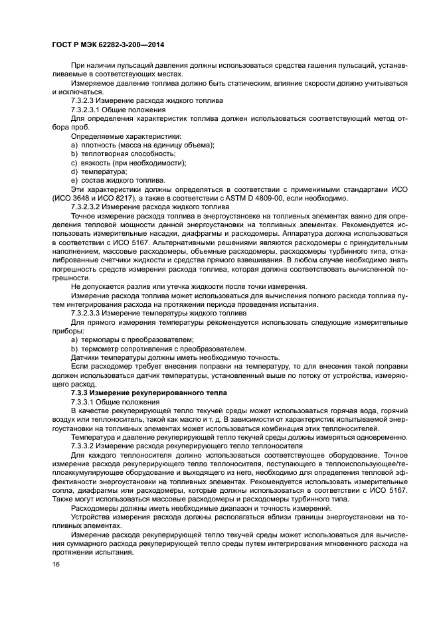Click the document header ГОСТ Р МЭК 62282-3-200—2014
[108, 44]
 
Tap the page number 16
[55, 563]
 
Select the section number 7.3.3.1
[84, 402]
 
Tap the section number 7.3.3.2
[84, 446]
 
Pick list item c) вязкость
[128, 162]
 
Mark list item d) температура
[94, 171]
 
